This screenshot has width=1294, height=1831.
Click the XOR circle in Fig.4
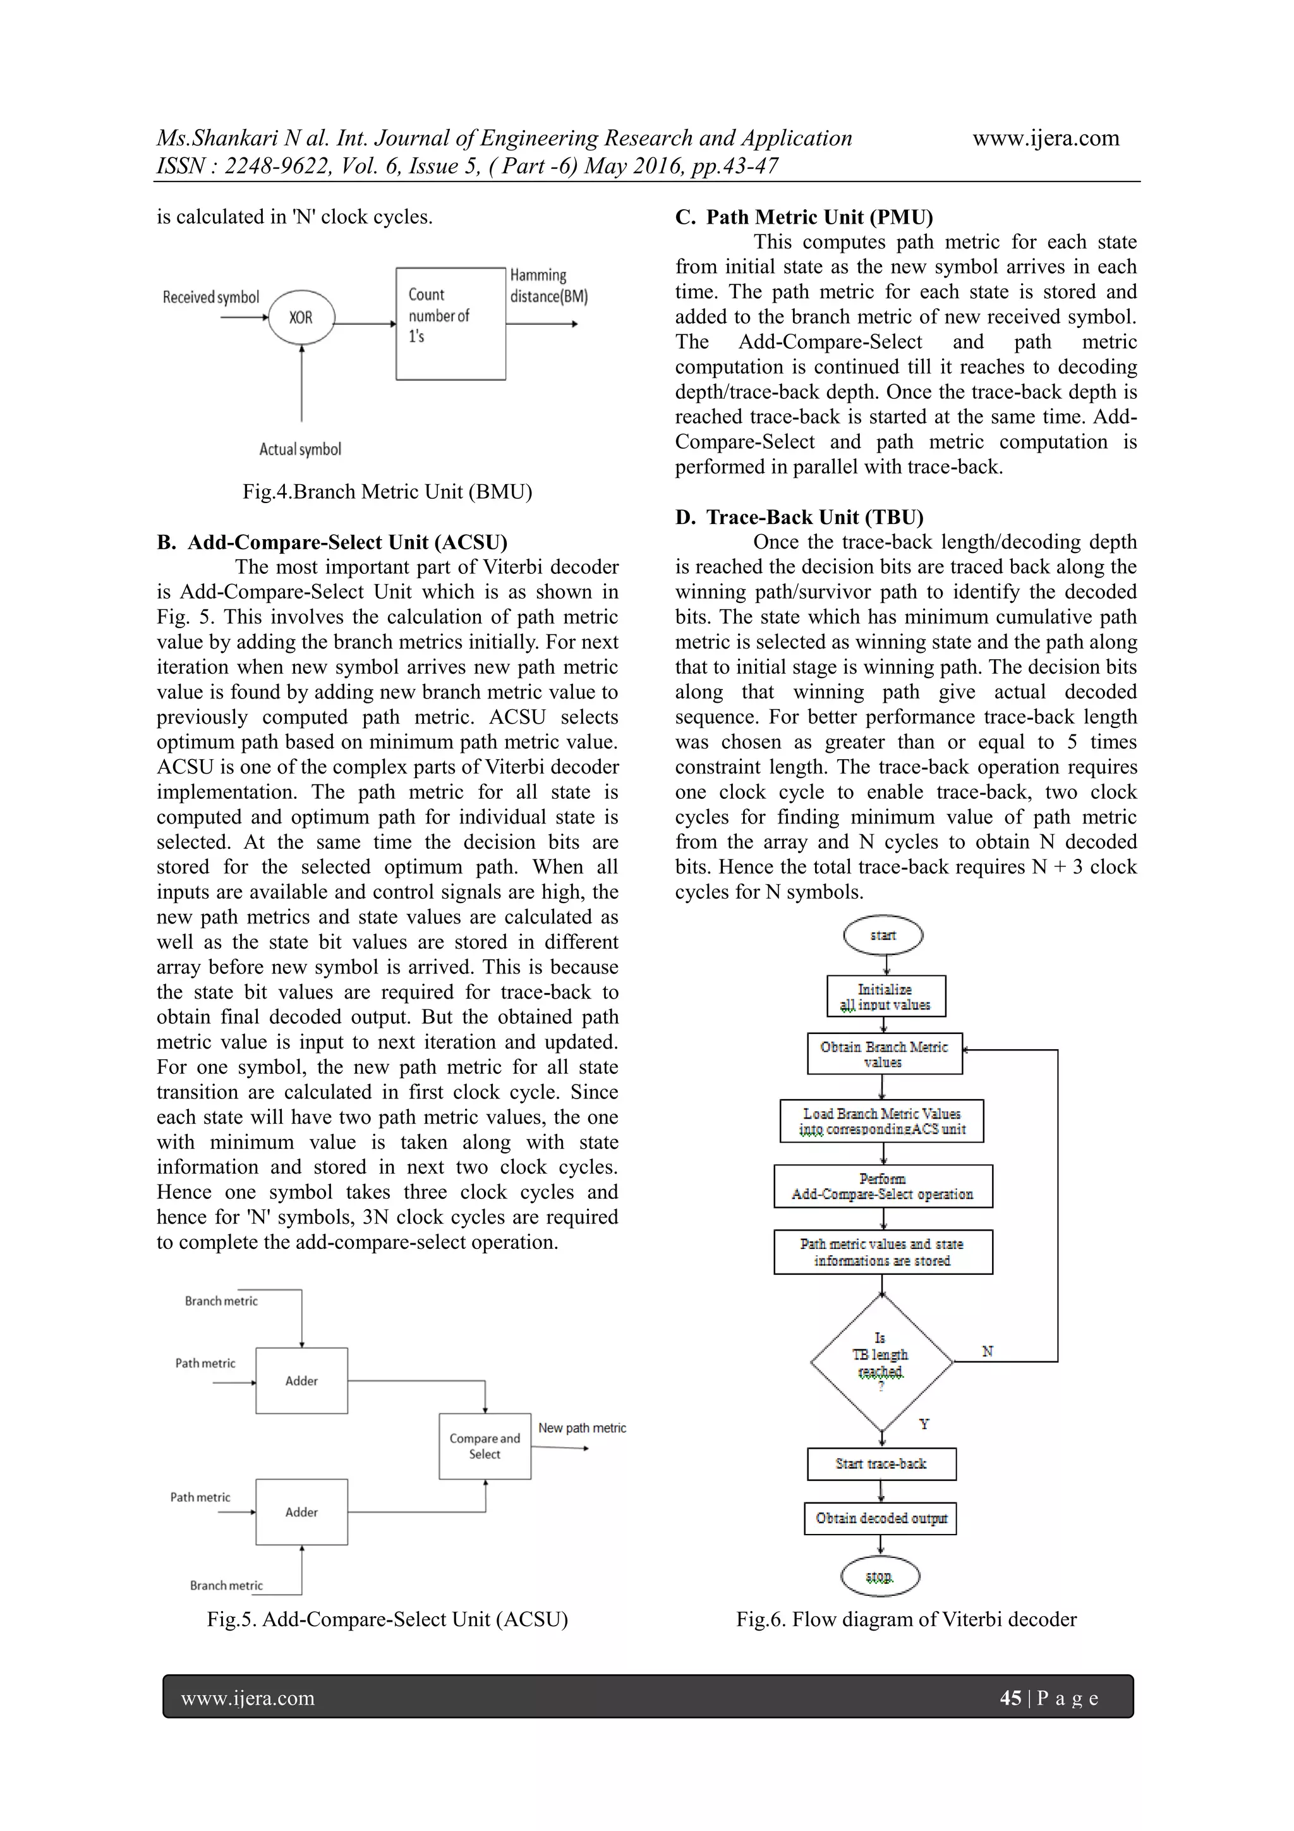[301, 318]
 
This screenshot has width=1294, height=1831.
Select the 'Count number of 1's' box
[450, 323]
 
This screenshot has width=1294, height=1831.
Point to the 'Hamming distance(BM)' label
[548, 286]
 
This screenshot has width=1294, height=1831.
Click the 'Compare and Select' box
[485, 1447]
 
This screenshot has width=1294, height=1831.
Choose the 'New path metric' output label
[582, 1428]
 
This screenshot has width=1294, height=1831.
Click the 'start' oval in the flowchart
[883, 935]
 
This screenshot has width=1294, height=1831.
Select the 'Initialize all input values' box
[886, 997]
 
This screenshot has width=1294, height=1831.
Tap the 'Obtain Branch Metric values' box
[884, 1054]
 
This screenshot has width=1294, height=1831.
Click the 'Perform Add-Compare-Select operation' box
[883, 1186]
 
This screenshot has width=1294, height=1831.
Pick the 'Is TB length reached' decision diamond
[881, 1362]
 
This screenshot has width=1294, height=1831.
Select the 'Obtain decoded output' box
[880, 1518]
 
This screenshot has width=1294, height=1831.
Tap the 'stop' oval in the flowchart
[880, 1576]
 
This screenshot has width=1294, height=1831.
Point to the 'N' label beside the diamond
[987, 1352]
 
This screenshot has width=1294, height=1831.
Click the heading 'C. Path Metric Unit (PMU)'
[804, 217]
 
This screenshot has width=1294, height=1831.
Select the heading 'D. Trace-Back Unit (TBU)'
[799, 517]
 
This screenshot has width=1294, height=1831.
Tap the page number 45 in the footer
[1010, 1698]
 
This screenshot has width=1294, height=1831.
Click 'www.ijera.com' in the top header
[1045, 138]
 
